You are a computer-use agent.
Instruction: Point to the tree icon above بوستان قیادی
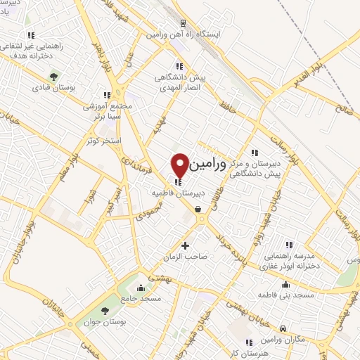click(53, 77)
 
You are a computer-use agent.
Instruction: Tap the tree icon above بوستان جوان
click(105, 310)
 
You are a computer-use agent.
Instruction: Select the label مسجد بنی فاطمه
click(285, 295)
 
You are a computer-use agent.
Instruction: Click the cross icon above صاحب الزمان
click(186, 245)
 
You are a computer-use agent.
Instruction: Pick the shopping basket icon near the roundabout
click(198, 209)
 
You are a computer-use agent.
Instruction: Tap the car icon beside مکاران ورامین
click(282, 328)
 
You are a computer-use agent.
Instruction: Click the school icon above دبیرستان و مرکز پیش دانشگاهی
click(255, 153)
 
